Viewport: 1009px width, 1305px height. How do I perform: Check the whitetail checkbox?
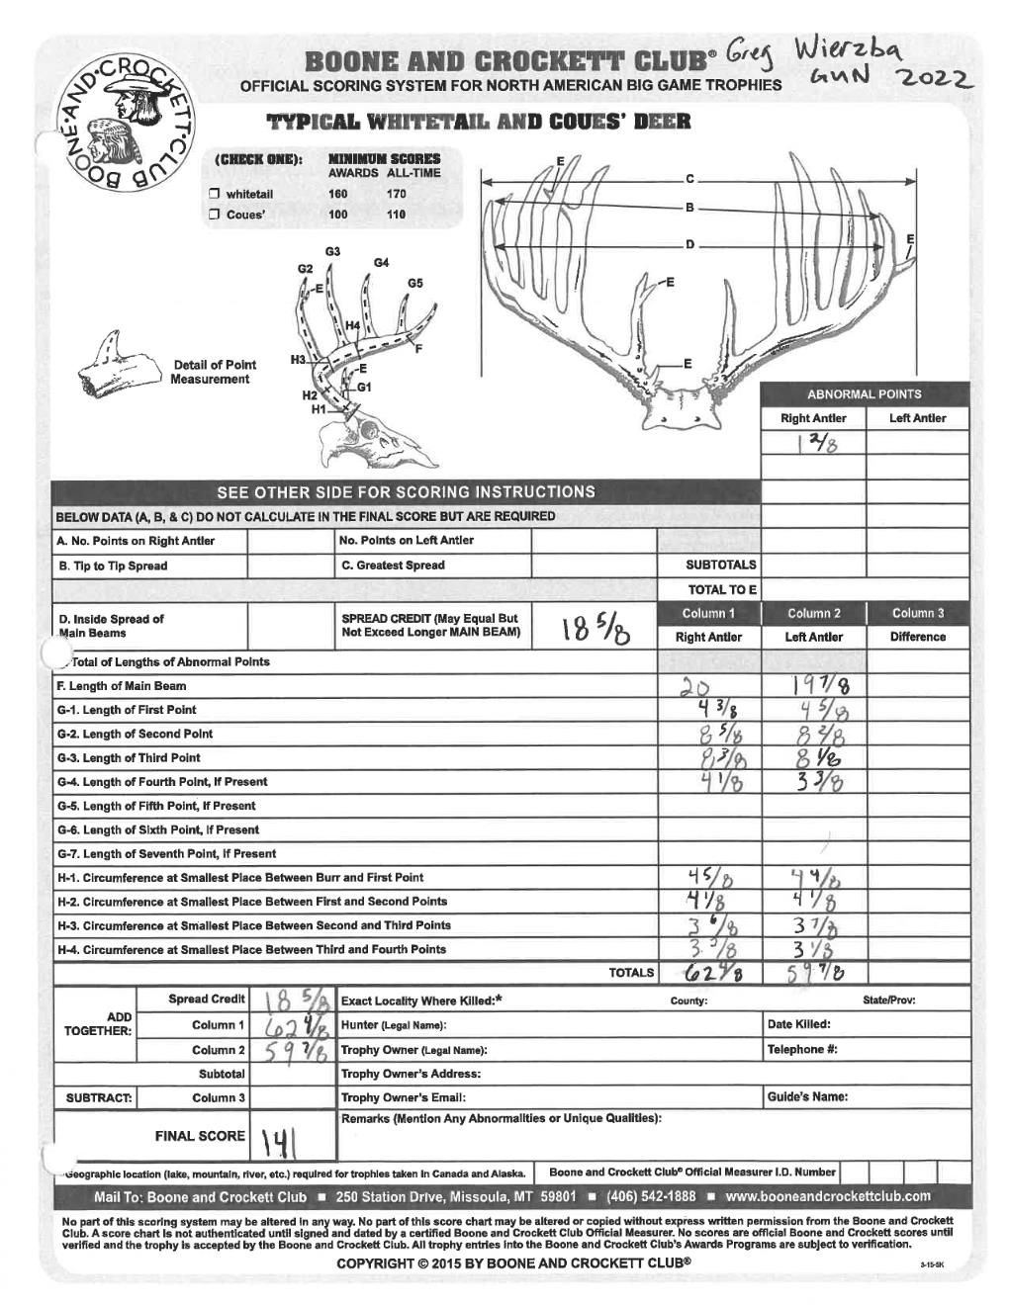point(213,195)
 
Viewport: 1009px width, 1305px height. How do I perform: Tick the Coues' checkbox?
point(213,215)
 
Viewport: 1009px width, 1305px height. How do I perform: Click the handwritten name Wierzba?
point(860,46)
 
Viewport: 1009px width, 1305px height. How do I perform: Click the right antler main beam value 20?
point(695,687)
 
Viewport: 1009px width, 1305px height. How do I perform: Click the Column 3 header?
point(917,613)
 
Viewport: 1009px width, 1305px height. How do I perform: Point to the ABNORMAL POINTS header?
point(864,393)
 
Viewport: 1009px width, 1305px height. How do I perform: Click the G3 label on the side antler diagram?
point(333,252)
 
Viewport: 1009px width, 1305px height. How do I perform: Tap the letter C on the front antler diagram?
point(689,179)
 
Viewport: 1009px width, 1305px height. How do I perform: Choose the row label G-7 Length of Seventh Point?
point(167,853)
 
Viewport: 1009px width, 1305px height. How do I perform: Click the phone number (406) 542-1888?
point(651,1196)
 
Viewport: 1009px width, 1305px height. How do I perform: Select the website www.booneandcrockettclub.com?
point(827,1196)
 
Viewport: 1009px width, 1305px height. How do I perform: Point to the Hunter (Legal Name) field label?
point(394,1025)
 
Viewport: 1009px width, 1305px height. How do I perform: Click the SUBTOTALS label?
point(721,565)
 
